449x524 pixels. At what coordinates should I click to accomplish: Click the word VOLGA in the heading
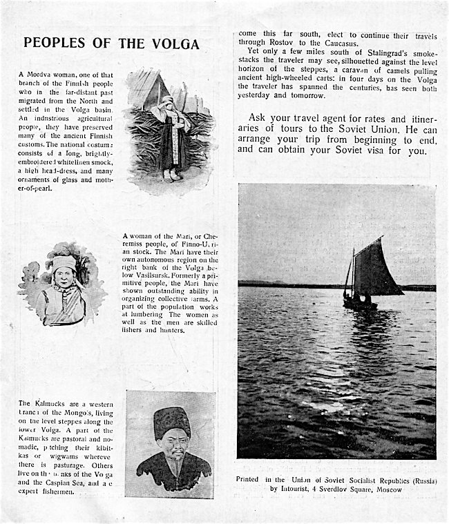click(x=175, y=43)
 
